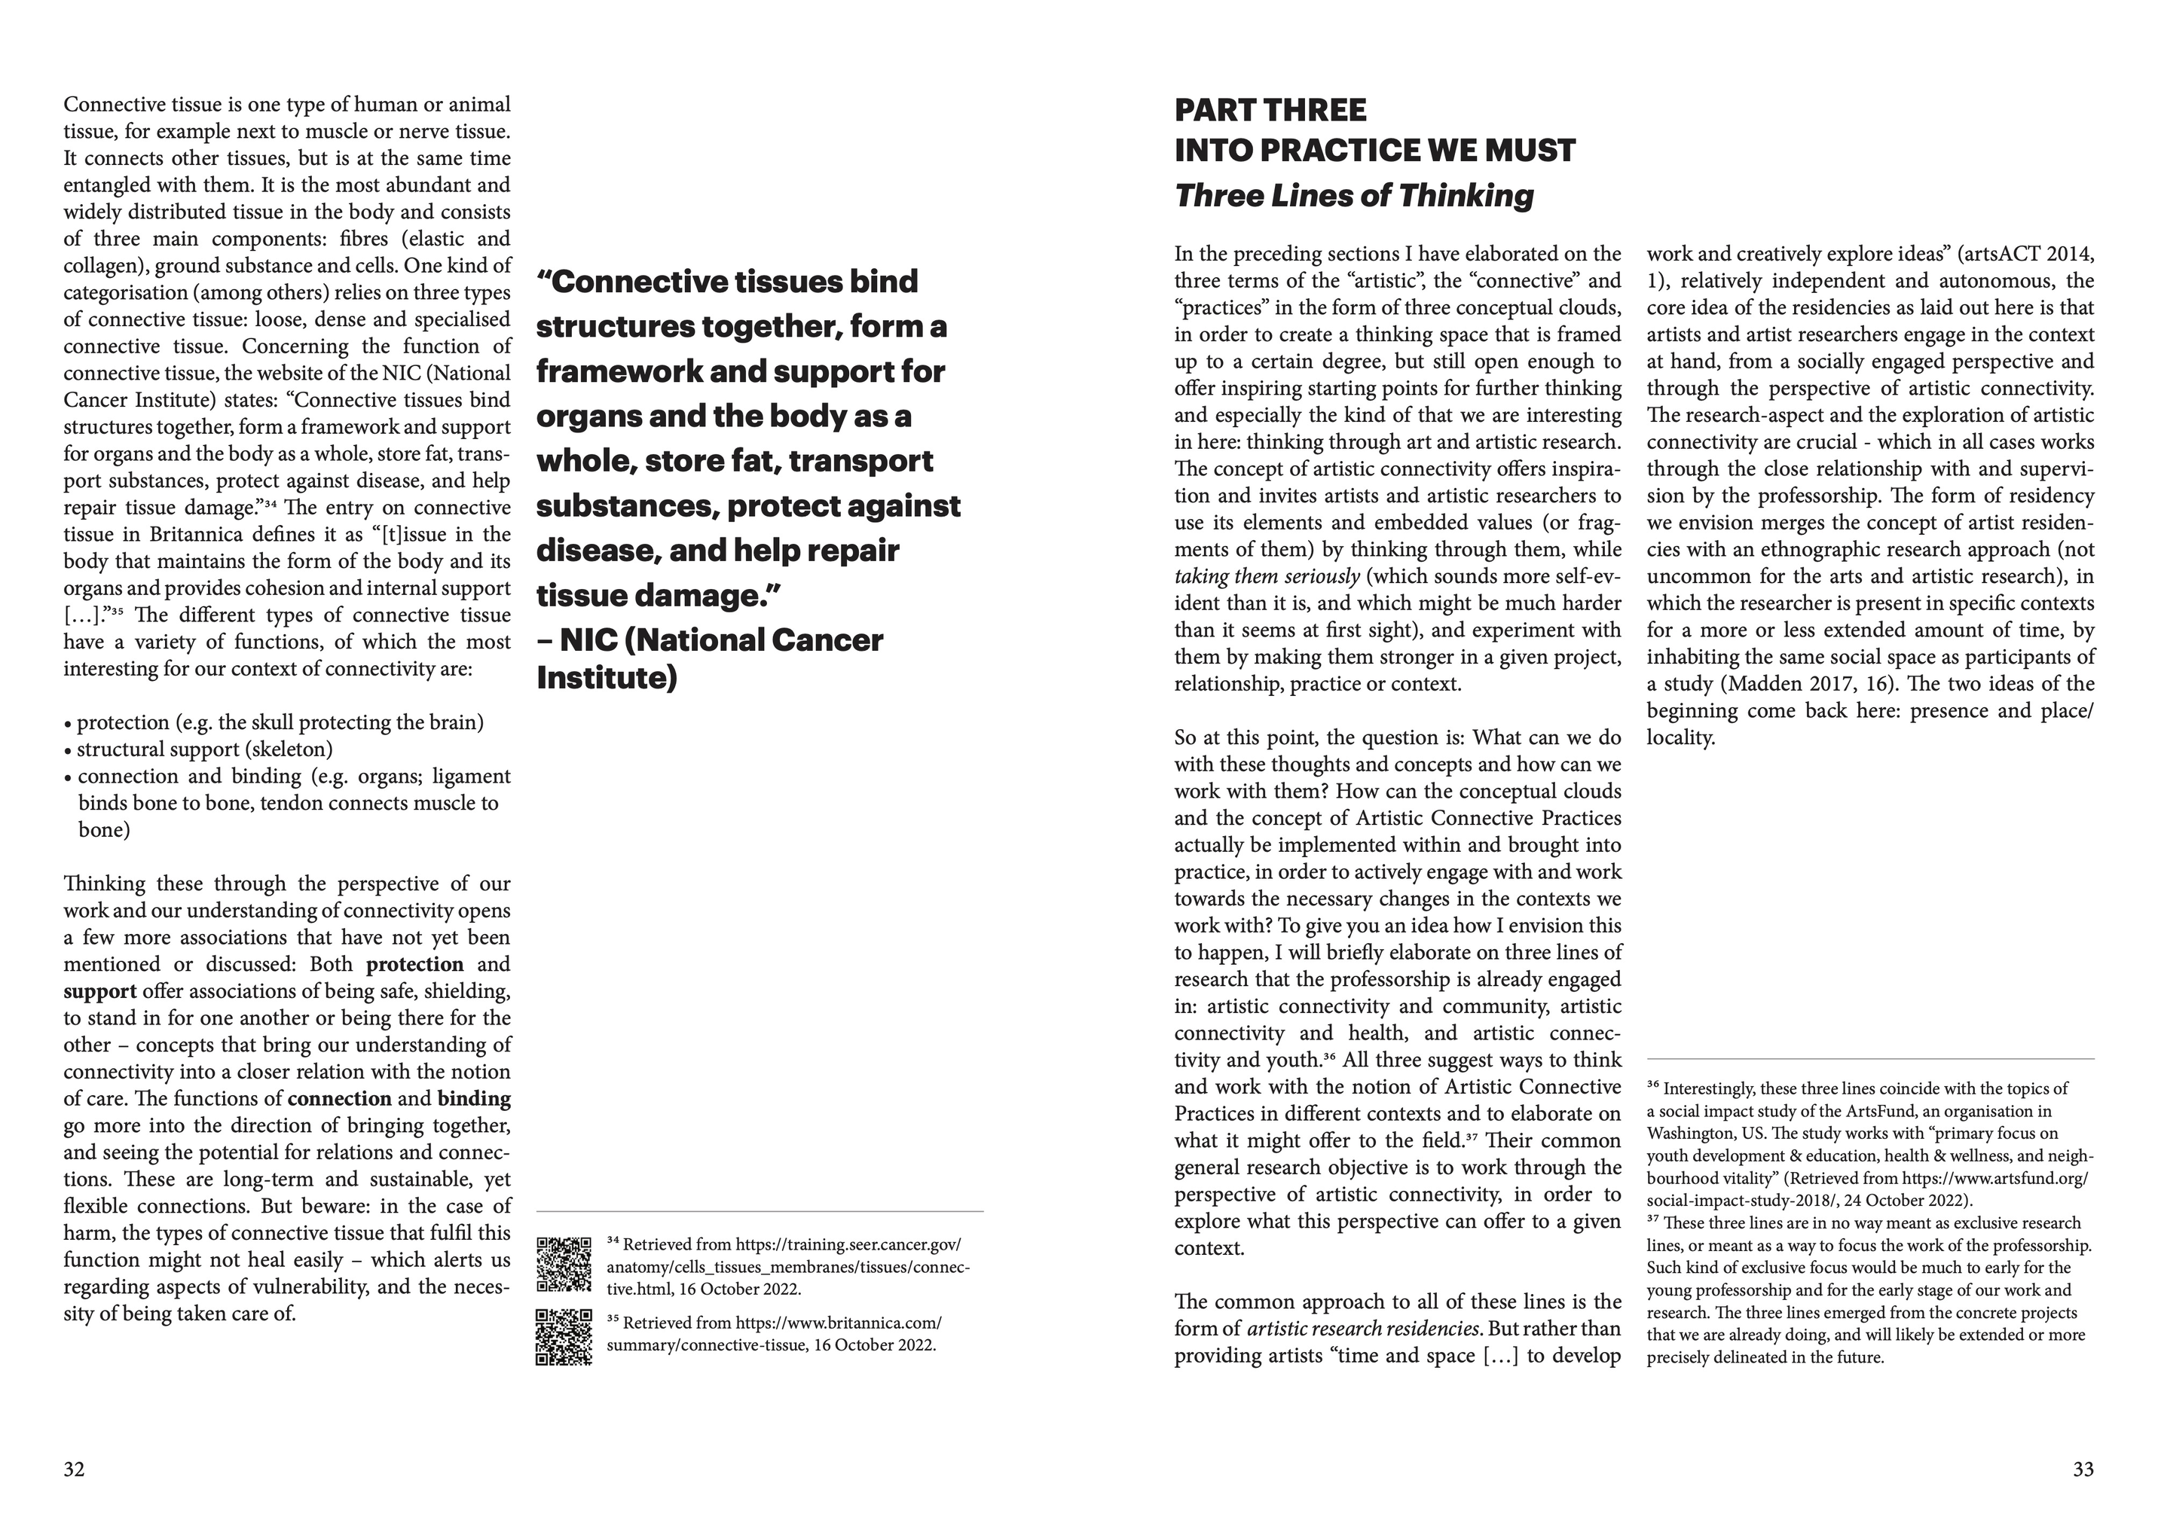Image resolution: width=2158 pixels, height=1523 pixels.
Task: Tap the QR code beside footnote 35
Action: tap(564, 1336)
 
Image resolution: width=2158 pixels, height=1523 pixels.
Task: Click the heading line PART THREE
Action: tap(1270, 111)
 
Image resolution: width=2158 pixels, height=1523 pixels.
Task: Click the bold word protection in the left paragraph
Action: tap(414, 965)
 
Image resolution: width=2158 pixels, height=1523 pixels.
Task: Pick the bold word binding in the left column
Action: tap(474, 1099)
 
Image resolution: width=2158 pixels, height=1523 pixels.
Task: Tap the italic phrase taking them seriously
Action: tap(1266, 577)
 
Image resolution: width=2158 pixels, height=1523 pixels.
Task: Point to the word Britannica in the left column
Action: tap(197, 536)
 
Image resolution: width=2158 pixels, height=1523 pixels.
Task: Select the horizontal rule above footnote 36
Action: tap(1869, 1060)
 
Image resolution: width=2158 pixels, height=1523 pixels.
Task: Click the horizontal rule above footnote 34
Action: tap(760, 1212)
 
